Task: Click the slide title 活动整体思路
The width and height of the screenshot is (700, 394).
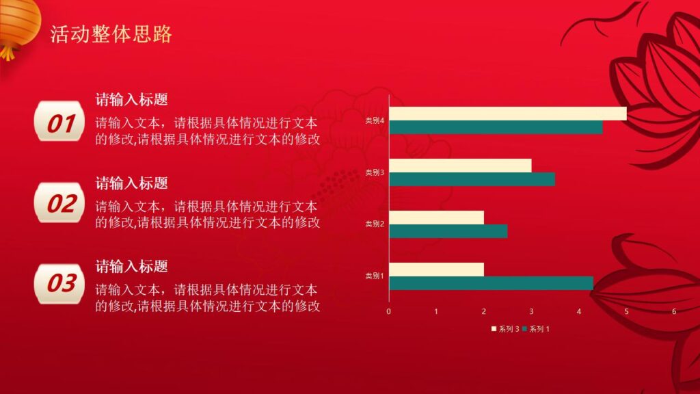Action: tap(111, 34)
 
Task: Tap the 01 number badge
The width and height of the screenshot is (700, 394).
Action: tap(60, 123)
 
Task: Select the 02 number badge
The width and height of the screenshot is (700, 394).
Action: tap(60, 203)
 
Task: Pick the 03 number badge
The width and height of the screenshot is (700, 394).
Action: tap(60, 283)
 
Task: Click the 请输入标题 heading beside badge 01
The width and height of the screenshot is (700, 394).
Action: tap(132, 100)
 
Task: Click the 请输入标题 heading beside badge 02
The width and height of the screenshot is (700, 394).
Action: tap(132, 183)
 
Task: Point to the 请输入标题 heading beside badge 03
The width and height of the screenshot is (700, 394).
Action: tap(132, 266)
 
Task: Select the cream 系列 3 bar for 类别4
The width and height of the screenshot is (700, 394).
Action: tap(507, 114)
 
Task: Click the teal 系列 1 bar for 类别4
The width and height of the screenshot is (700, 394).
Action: tap(496, 127)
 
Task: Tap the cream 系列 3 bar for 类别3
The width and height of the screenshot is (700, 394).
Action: tap(460, 166)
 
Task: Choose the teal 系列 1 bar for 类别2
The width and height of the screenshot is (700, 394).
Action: tap(448, 231)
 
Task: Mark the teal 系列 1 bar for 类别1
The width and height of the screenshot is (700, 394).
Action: tap(491, 283)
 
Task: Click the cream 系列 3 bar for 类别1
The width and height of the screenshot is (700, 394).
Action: tap(436, 270)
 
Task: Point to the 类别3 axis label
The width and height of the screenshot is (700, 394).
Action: tap(375, 172)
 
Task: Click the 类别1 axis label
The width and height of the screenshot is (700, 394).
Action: tap(375, 276)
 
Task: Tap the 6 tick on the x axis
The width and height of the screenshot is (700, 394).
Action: tap(674, 312)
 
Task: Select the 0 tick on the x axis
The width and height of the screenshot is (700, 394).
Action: tap(389, 312)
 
